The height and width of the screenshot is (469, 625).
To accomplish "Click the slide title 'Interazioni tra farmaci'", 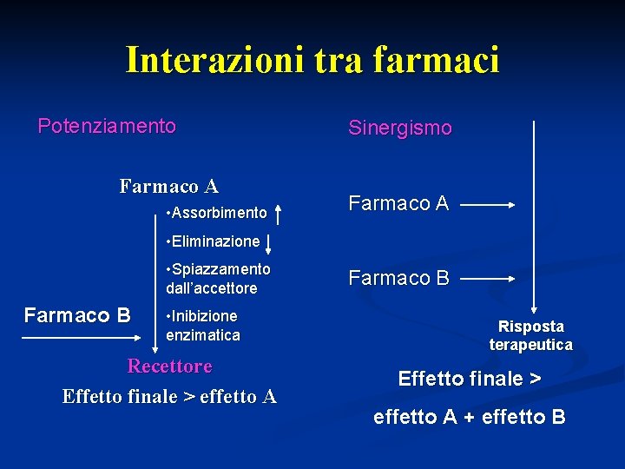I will click(x=312, y=60).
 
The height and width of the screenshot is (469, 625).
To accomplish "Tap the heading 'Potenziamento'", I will click(x=107, y=126).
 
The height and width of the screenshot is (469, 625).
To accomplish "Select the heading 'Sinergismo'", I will click(x=400, y=129).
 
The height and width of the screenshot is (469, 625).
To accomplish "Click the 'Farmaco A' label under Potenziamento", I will click(x=169, y=186).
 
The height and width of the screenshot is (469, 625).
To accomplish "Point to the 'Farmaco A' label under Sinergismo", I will click(x=398, y=203).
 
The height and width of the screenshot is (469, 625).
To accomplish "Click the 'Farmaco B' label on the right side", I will click(x=398, y=278).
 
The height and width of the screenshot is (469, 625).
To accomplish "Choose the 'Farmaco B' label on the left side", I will click(x=77, y=314).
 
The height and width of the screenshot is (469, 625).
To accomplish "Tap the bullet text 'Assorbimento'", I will click(x=217, y=213).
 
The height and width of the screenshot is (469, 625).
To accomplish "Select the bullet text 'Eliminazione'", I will click(x=214, y=241).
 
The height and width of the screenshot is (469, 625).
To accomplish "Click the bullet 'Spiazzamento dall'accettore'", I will click(x=217, y=278).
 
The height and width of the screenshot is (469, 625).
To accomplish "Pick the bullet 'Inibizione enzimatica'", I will click(x=202, y=325).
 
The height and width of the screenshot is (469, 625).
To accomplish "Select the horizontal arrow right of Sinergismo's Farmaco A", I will click(x=488, y=206).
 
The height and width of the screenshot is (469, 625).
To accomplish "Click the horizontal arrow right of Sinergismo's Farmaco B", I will click(x=488, y=280).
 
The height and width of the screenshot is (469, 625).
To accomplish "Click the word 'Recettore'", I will click(x=169, y=366).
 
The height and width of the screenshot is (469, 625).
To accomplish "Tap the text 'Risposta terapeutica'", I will click(x=530, y=335).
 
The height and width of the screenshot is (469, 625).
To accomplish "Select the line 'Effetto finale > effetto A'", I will click(x=169, y=397).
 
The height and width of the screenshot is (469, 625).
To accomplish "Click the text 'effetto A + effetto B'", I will click(x=470, y=417).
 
